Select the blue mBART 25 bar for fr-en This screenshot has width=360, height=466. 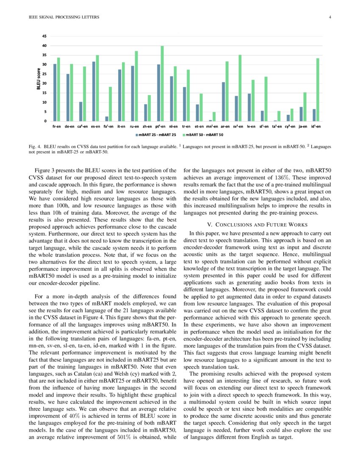click(55, 93)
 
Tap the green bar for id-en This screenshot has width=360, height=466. click(318, 90)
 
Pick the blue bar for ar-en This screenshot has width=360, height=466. click(223, 102)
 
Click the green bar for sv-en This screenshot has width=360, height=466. click(240, 88)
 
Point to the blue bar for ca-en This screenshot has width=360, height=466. click(81, 111)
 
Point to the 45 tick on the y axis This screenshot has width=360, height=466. click(44, 36)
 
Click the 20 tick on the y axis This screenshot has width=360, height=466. click(44, 83)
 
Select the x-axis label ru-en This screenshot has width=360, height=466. click(134, 126)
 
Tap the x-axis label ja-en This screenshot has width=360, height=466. click(303, 126)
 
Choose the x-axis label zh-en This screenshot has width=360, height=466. click(147, 126)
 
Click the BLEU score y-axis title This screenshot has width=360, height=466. click(39, 79)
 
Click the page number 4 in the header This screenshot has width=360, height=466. click(330, 17)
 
